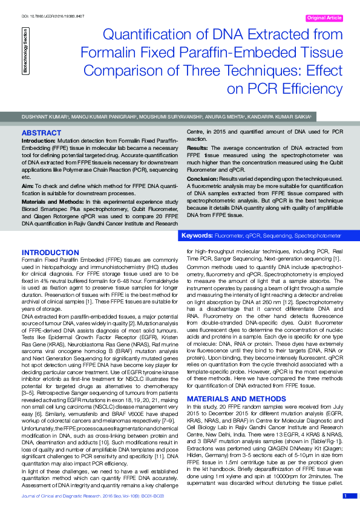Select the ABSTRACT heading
pos(41,132)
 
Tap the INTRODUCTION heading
pos(50,252)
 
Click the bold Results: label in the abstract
pos(197,148)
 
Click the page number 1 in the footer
pos(345,496)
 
